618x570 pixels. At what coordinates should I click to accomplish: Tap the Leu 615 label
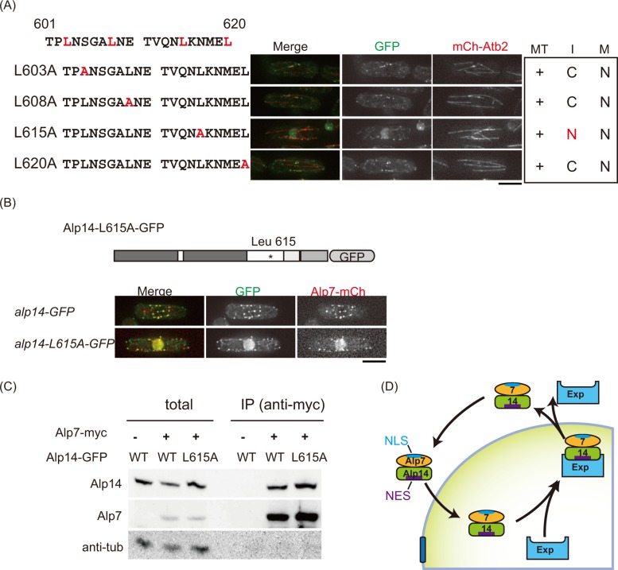270,239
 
